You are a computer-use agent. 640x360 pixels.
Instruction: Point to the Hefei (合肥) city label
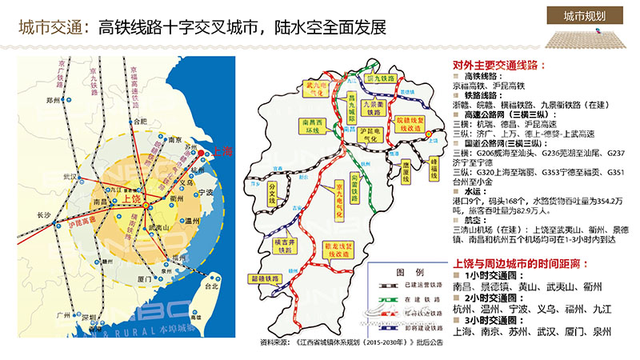click(142, 121)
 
